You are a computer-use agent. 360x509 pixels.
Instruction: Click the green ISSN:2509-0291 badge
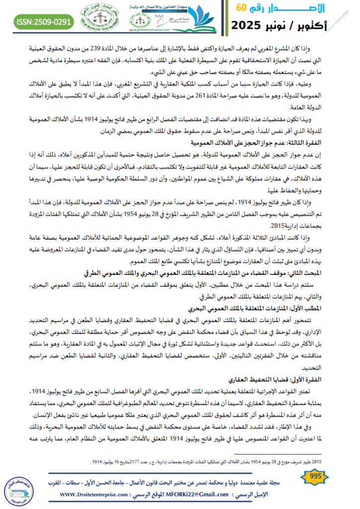click(x=44, y=21)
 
